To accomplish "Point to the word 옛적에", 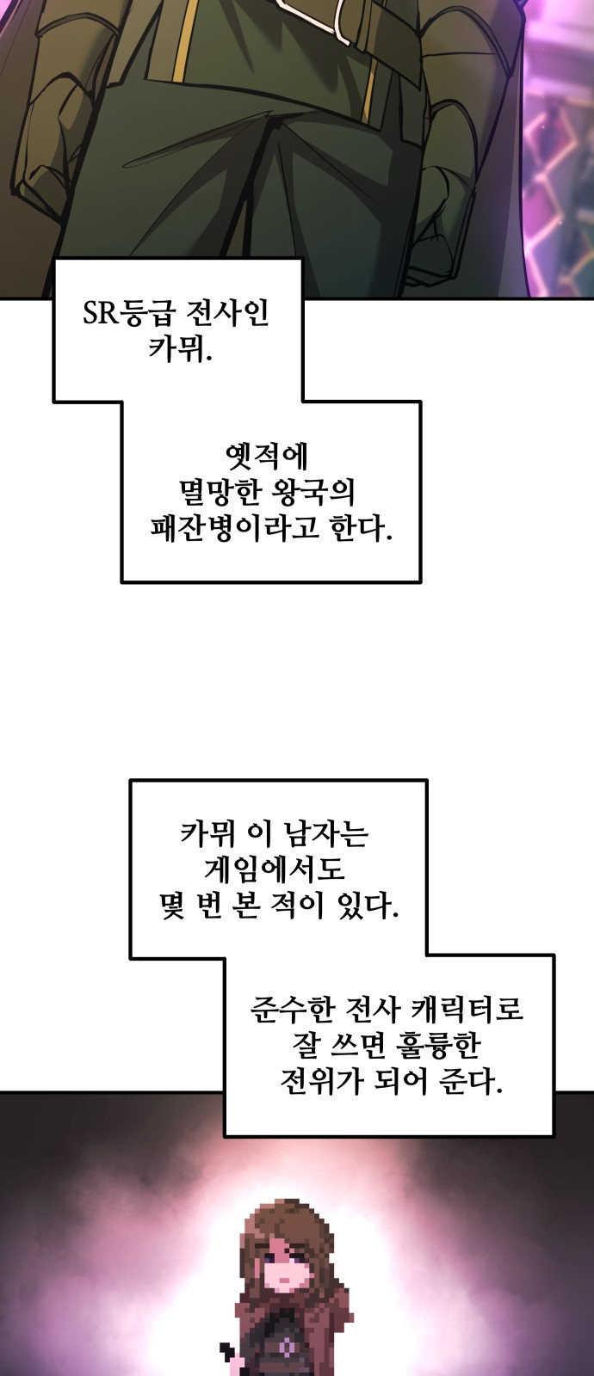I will click(269, 456).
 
